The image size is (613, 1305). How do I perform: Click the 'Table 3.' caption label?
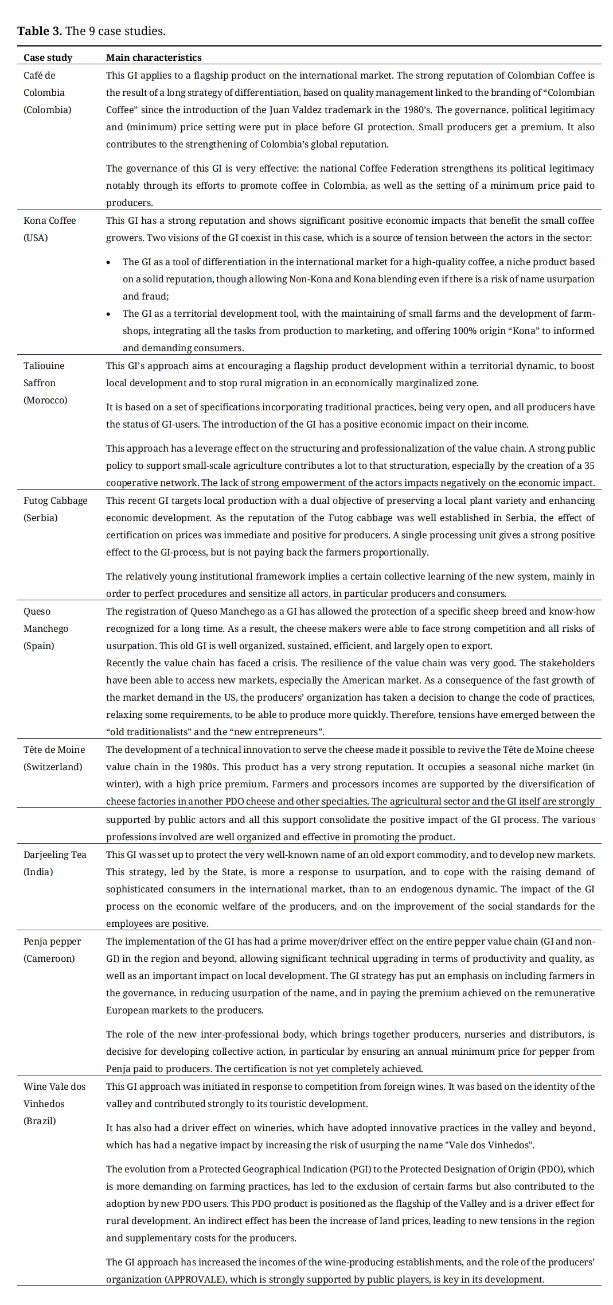point(39,31)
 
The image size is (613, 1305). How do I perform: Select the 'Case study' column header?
point(48,57)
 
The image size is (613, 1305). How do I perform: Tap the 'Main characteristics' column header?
point(154,57)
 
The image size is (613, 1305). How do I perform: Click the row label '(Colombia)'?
point(48,110)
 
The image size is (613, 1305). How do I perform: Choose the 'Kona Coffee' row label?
point(49,220)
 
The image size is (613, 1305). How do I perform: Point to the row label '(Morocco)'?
point(45,400)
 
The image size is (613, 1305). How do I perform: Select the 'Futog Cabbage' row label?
point(56,500)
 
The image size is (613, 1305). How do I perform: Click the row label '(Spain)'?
point(39,646)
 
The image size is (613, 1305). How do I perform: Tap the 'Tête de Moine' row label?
point(54,749)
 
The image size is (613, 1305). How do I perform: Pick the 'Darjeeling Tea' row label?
point(55,855)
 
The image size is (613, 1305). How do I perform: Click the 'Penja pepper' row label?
point(52,941)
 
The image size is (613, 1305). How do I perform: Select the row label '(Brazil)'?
point(40,1121)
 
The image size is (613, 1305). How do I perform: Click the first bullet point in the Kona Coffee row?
point(109,262)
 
